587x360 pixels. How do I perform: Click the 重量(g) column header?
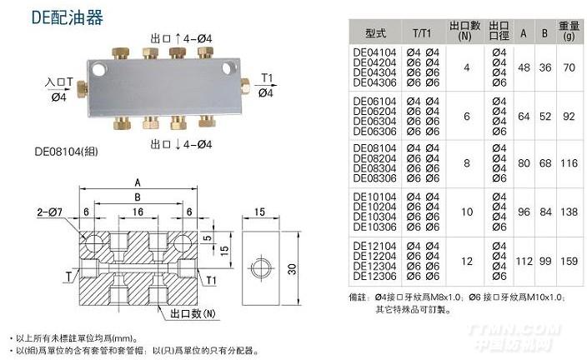569,32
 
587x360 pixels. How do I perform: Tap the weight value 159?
569,261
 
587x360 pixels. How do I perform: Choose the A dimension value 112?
524,261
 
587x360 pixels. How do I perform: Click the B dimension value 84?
545,212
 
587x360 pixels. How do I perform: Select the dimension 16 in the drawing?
138,212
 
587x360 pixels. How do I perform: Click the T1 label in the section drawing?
212,280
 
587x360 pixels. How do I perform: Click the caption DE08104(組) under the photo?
63,152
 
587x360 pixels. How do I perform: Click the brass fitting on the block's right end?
248,86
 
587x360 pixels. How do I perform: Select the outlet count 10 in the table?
466,212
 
